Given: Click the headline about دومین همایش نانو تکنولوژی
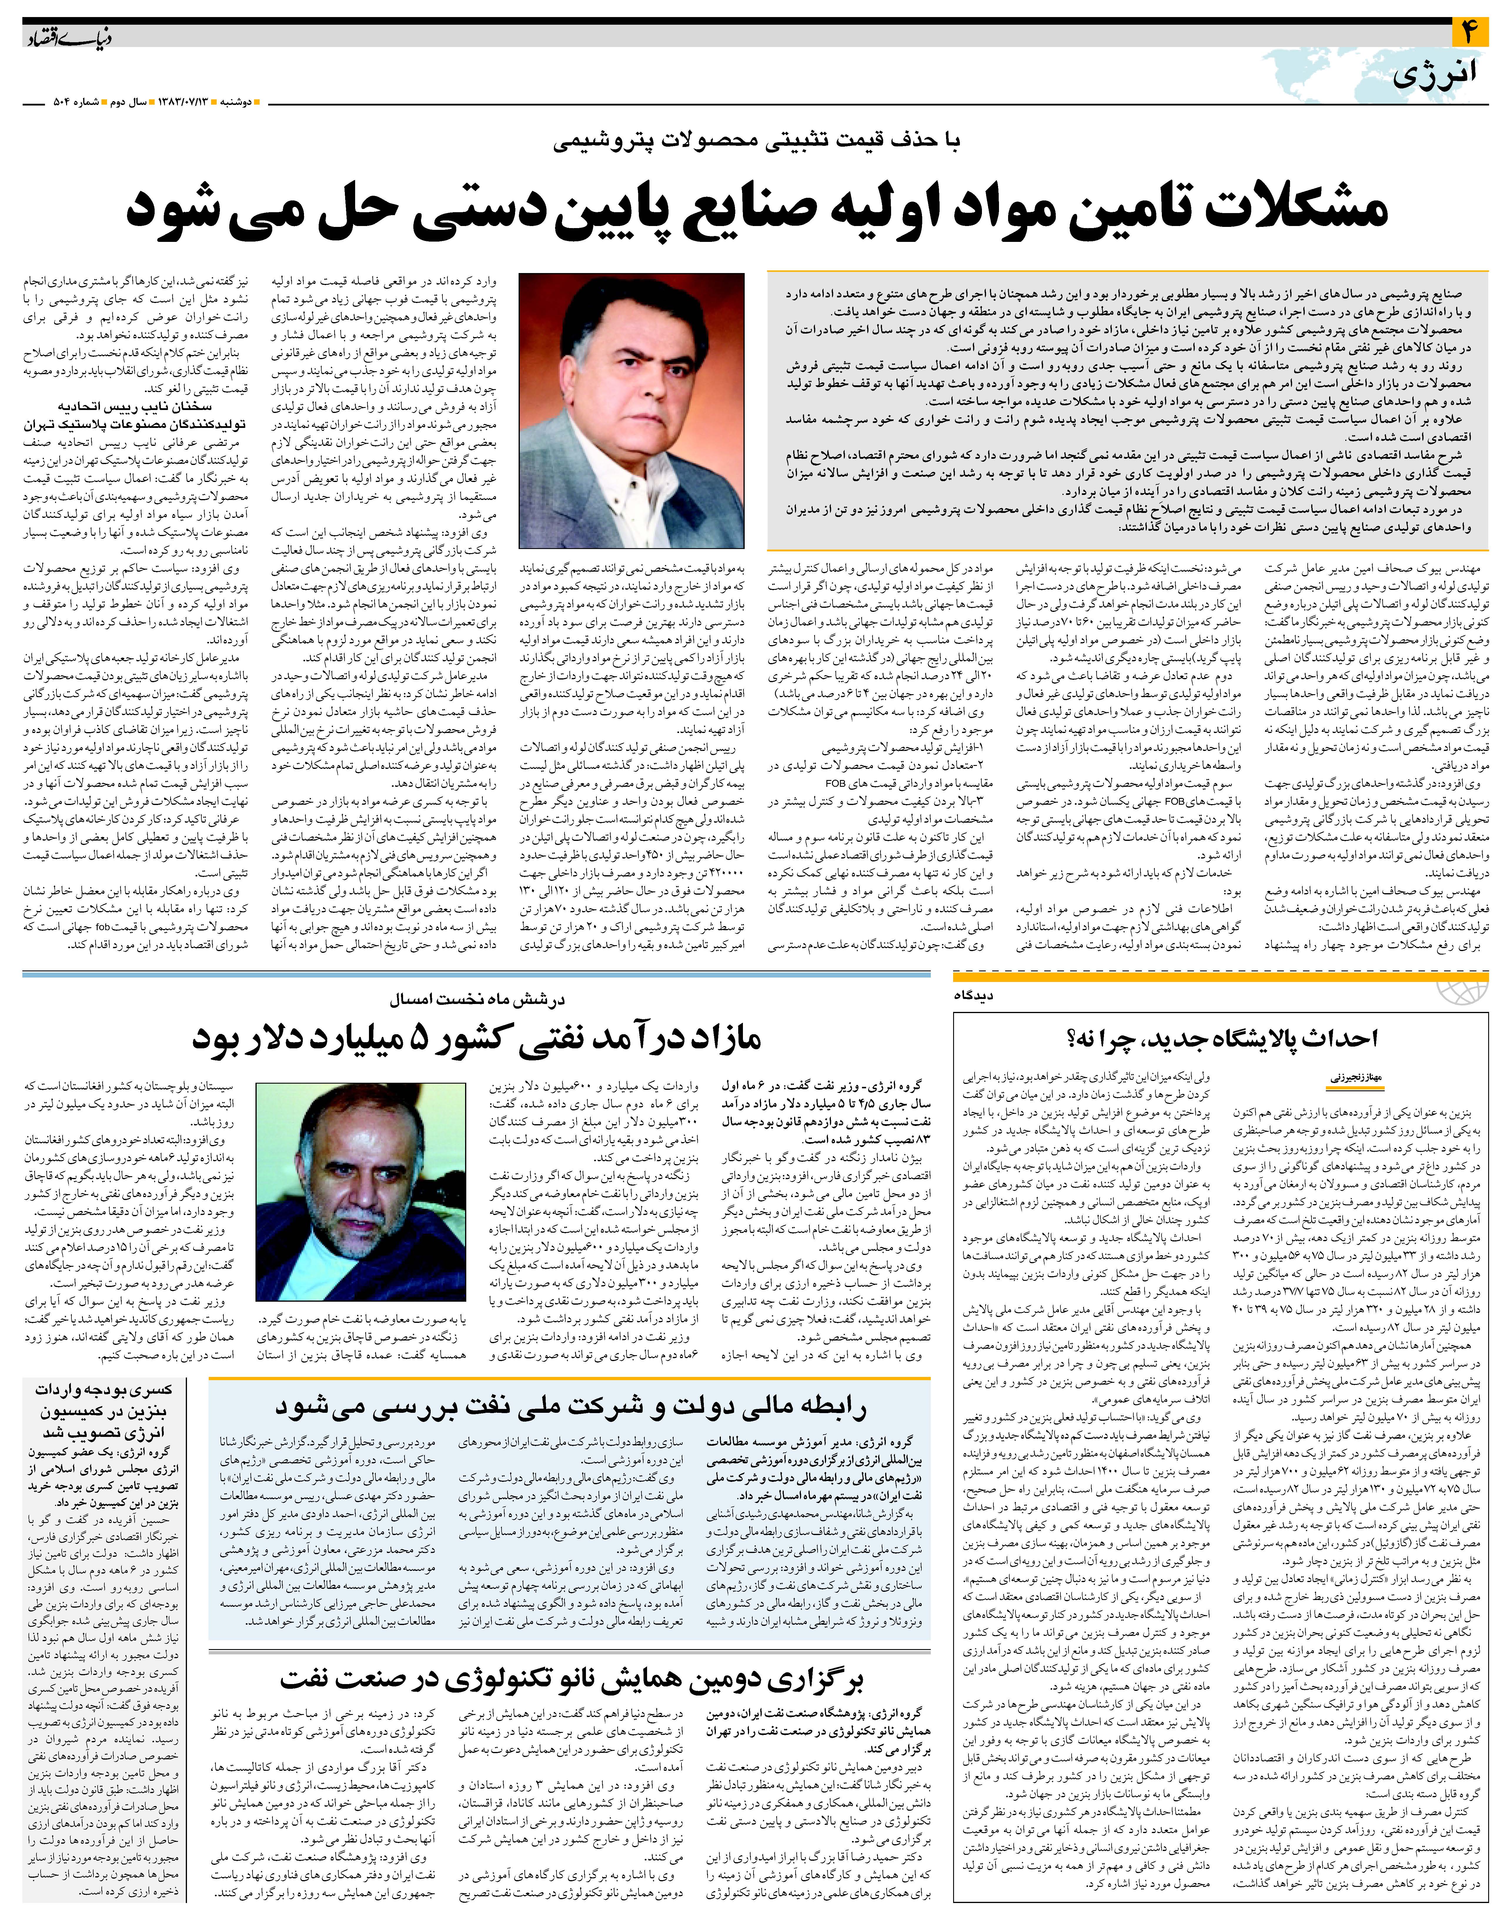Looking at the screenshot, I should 571,1679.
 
